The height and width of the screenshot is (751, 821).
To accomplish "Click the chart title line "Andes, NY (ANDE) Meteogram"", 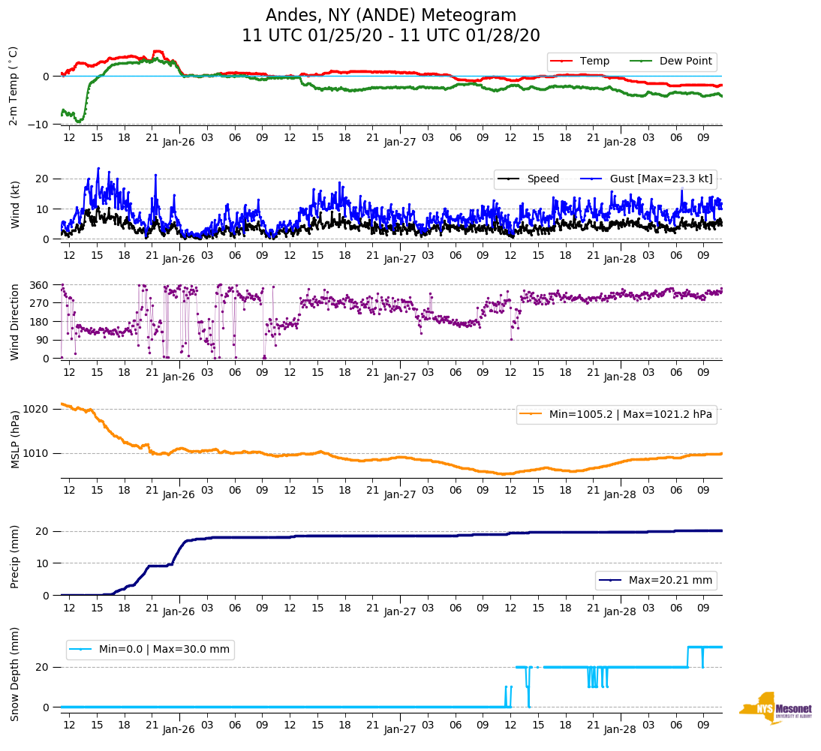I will coord(391,16).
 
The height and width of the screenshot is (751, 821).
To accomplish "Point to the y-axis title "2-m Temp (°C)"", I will coord(14,86).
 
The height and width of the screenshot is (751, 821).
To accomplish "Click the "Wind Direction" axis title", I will coord(15,321).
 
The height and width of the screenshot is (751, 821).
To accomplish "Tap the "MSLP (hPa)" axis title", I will coord(15,439).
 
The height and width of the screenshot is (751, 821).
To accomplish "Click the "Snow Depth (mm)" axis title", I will coord(15,674).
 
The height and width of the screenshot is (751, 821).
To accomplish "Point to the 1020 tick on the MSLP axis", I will coord(37,409).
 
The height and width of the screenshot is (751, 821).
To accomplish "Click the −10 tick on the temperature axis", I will coord(38,125).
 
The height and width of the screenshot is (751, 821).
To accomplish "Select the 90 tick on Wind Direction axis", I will coord(43,340).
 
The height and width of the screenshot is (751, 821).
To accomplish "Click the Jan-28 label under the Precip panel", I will coord(620,611).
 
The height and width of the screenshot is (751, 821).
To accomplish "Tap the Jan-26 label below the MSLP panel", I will coord(179,494).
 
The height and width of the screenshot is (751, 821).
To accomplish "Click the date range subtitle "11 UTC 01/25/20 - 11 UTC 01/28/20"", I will coord(391,36).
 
